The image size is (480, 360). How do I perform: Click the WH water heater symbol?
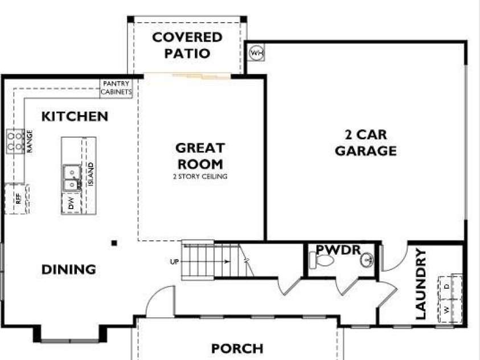(x=257, y=53)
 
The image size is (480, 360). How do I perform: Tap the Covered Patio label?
(x=187, y=46)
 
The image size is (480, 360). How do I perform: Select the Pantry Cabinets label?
(x=116, y=88)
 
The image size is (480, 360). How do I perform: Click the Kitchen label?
(x=75, y=116)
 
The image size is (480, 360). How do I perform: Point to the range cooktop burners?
(x=15, y=141)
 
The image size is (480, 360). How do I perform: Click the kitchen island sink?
(x=72, y=178)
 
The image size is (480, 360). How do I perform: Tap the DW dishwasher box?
(x=71, y=203)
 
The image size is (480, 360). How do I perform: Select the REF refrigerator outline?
(x=17, y=199)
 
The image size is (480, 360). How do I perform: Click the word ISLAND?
(x=91, y=174)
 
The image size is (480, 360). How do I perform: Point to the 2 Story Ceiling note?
(x=200, y=177)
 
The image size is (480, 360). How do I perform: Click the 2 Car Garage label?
(x=366, y=142)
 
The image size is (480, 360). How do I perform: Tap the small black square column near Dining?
(x=114, y=243)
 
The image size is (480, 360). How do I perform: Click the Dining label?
(x=68, y=269)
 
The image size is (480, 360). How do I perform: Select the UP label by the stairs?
(x=174, y=261)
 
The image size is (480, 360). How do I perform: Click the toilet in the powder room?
(x=322, y=260)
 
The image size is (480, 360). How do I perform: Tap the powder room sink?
(x=367, y=260)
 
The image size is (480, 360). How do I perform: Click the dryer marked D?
(x=450, y=287)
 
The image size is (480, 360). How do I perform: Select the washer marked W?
(x=450, y=310)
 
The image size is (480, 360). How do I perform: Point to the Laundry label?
(x=421, y=284)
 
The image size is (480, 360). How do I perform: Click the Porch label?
(x=237, y=349)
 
